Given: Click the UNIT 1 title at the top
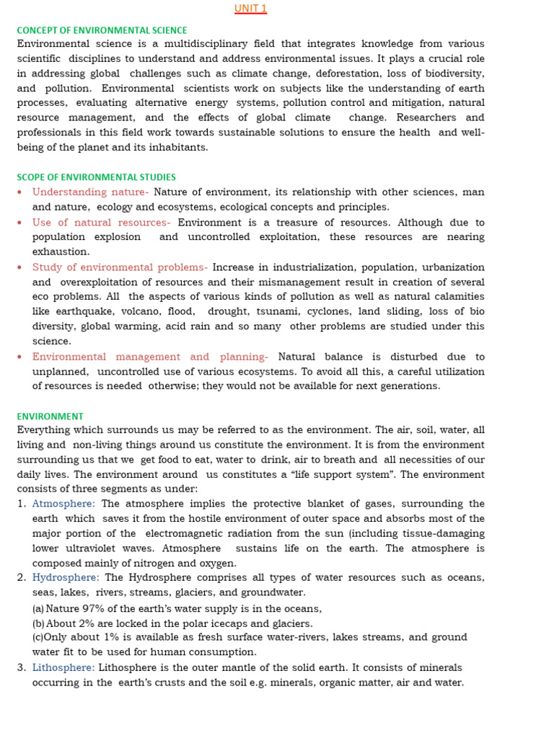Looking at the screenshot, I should pos(250,9).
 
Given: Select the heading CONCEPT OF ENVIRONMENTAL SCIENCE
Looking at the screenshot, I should pos(102,30).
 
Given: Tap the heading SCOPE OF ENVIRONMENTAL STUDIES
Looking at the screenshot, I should pos(96,177).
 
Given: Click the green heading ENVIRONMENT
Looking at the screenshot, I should pos(50,417).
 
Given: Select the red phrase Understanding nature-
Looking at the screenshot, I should pos(90,192).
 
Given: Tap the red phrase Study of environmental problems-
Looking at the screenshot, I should pos(120,267).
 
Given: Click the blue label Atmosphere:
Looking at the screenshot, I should pos(63,504).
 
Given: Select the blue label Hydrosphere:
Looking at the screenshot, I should pos(66,577).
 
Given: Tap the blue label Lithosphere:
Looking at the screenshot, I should pos(63,667).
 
